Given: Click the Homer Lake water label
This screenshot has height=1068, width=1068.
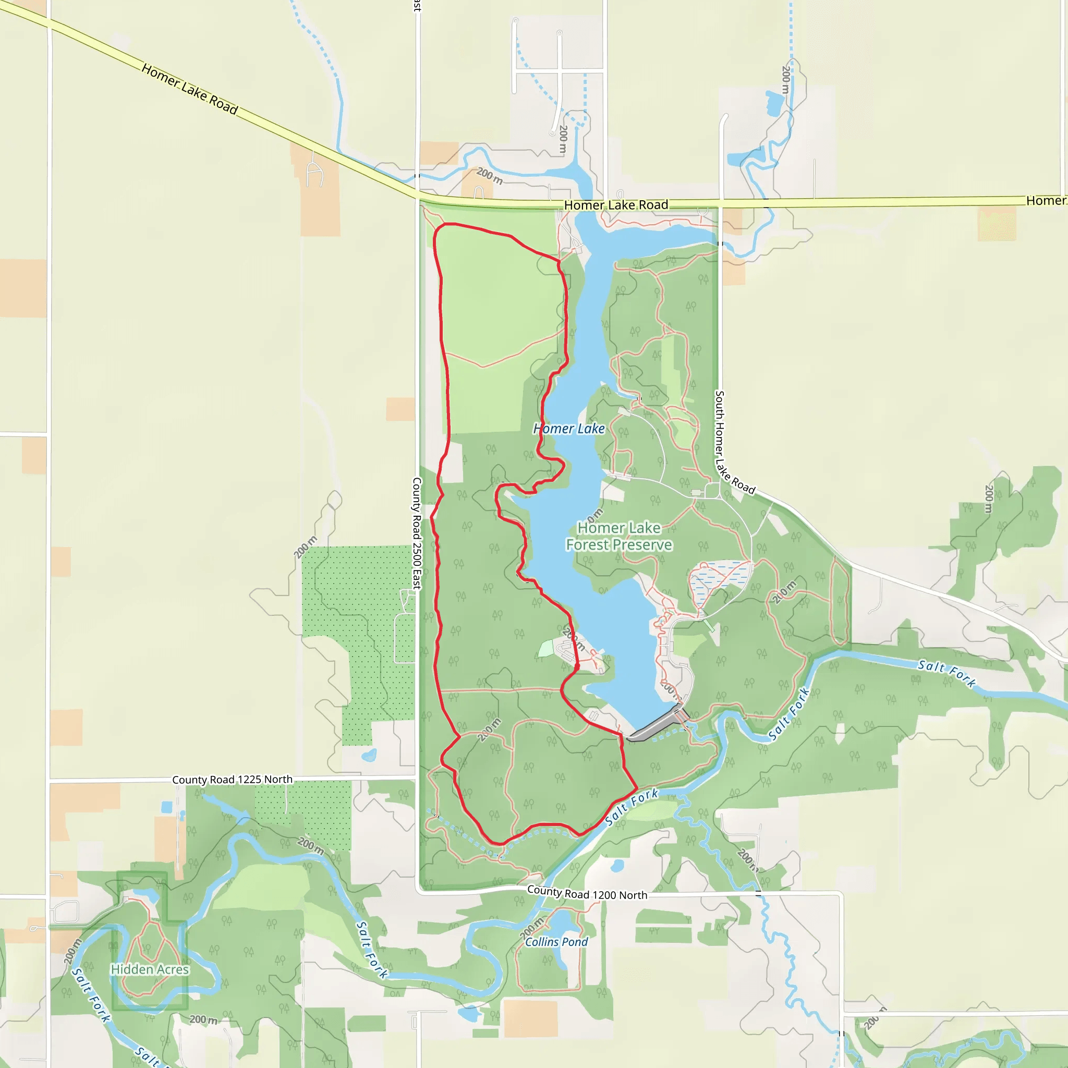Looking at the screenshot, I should coord(569,429).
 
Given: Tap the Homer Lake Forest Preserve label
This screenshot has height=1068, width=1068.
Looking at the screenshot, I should coord(618,536).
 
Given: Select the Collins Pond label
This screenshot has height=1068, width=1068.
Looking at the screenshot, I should coord(556,942).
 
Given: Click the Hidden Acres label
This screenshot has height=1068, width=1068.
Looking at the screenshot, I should coord(150,969).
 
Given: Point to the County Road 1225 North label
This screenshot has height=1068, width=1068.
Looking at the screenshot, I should coord(232,780).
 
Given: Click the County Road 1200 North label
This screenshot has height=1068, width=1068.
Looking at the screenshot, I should coord(587,893).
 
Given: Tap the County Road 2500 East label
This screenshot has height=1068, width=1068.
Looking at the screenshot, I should coord(417,533).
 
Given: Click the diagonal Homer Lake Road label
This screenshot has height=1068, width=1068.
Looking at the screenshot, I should coord(190,89).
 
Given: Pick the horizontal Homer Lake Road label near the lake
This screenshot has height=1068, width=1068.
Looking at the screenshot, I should coord(616,205).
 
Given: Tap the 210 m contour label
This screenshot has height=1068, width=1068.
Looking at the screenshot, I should coord(785,592).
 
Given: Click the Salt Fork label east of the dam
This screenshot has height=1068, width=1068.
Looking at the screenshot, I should coord(789,714).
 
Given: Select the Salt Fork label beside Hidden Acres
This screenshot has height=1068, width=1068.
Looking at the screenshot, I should coord(91,995).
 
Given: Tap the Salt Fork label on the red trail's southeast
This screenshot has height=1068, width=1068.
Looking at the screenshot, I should coord(632,807).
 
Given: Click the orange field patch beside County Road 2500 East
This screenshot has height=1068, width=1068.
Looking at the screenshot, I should coord(400,409).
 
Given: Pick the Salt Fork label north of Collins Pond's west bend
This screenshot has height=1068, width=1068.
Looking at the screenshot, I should coord(372,950).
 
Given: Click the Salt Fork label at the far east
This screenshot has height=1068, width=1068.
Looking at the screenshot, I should coord(946,673).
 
